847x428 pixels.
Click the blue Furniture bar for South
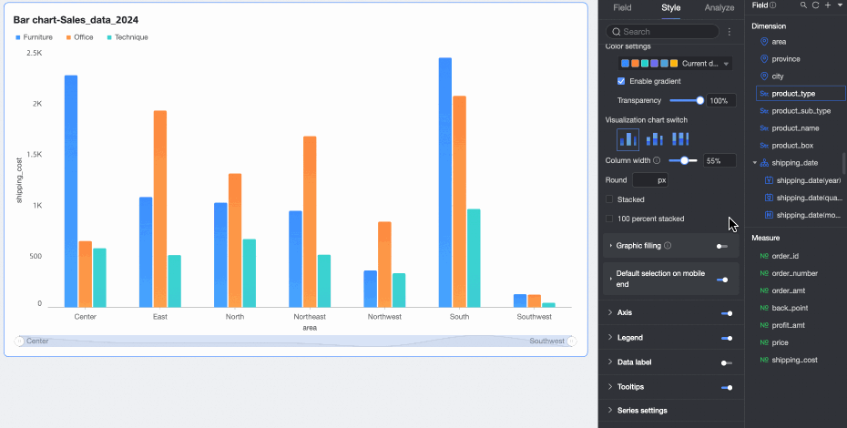(444, 182)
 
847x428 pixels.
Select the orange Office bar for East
(160, 209)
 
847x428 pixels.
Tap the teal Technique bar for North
(250, 273)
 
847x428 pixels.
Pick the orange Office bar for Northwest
(384, 264)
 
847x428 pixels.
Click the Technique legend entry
(128, 37)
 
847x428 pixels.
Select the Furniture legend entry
(34, 37)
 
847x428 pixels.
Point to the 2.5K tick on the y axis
(34, 54)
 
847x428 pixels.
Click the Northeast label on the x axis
(310, 317)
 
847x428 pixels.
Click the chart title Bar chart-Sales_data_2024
(76, 19)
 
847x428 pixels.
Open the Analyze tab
(719, 7)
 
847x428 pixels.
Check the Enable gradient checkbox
(621, 81)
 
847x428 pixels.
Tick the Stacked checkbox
(609, 199)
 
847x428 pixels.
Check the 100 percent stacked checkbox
(609, 219)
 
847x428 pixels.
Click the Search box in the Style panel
(669, 32)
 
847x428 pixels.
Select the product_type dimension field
(793, 94)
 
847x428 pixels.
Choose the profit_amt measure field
(789, 325)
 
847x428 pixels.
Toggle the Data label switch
(726, 362)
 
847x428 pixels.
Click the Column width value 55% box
(719, 160)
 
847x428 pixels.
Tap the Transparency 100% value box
(722, 100)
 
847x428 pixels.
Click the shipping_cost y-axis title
(19, 178)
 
